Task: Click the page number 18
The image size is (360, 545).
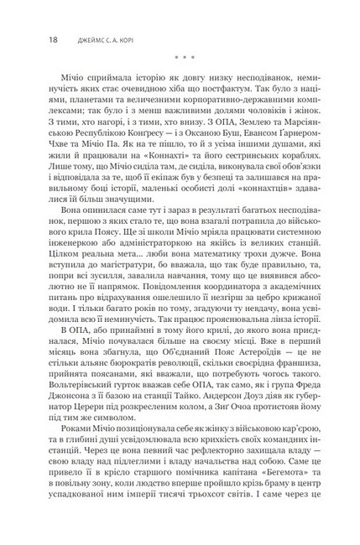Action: (29, 39)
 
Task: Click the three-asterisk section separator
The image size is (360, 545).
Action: (180, 58)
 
